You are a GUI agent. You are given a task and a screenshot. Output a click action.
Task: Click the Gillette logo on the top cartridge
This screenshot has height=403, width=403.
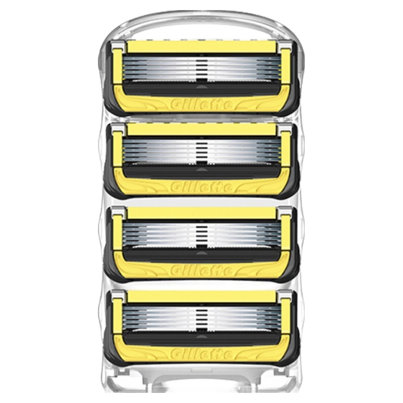(201, 105)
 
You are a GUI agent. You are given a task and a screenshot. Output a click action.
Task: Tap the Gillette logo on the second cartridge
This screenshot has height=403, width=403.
(201, 187)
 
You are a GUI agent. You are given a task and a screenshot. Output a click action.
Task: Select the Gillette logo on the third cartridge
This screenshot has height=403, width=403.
(201, 270)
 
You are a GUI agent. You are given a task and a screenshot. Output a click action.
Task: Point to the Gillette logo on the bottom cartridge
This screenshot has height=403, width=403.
(201, 353)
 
